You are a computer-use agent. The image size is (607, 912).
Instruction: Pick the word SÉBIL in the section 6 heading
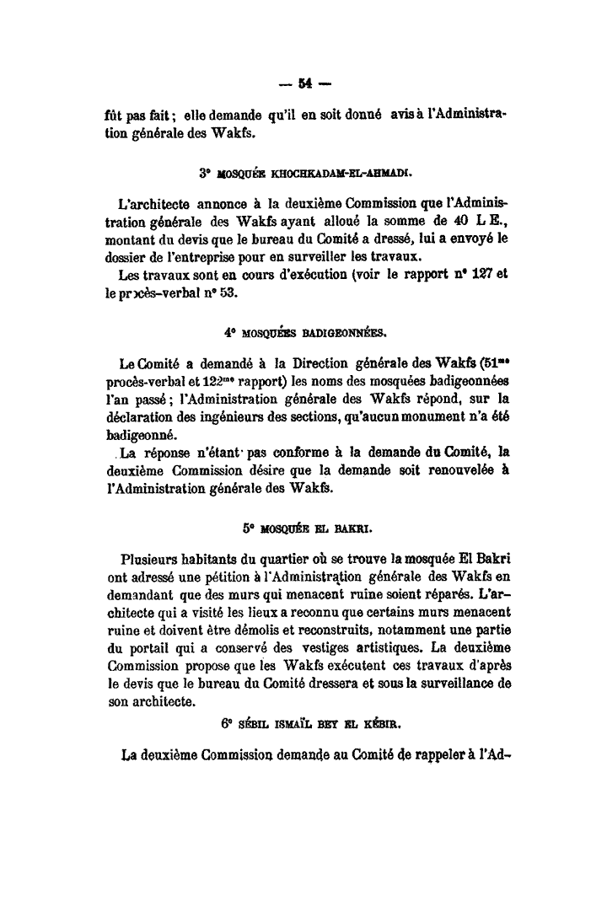[253, 723]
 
